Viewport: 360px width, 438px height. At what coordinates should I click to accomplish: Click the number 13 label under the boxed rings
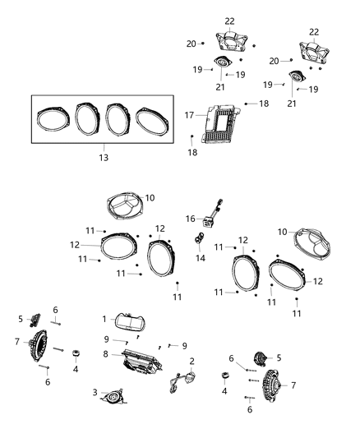point(102,156)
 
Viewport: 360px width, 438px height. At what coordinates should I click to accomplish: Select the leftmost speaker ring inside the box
point(55,119)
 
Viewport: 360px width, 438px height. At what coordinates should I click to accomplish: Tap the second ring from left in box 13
point(88,119)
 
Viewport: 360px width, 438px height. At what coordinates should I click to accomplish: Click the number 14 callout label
point(200,257)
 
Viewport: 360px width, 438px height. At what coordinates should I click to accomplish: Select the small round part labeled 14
point(199,240)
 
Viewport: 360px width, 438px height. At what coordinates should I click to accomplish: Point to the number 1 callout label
point(104,318)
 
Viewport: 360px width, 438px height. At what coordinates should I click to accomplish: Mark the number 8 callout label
point(104,354)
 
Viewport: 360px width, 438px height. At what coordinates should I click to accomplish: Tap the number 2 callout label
point(192,361)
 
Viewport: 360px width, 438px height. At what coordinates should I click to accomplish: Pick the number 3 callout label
point(95,392)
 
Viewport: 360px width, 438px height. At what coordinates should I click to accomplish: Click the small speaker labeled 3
point(113,396)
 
